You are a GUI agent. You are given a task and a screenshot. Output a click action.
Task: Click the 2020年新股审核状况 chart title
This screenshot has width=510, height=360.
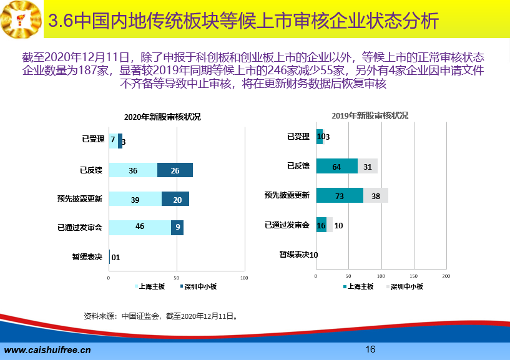tap(162, 117)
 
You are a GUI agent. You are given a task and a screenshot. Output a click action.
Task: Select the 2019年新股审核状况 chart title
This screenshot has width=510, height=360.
tap(370, 115)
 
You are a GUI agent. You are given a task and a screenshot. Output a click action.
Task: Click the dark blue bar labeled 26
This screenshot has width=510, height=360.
tap(175, 170)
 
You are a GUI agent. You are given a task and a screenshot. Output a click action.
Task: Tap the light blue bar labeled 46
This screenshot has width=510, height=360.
tap(140, 228)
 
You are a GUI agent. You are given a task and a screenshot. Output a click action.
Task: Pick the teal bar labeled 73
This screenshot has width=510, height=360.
tap(340, 195)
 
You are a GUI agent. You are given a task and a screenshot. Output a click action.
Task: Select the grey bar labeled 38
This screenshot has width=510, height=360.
tap(376, 195)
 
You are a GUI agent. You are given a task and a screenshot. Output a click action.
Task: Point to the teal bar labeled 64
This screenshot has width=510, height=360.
tap(337, 166)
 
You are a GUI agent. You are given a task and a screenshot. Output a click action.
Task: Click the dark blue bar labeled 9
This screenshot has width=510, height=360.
tap(177, 228)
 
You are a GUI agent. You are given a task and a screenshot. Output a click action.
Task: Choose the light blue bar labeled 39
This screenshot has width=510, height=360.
tap(135, 198)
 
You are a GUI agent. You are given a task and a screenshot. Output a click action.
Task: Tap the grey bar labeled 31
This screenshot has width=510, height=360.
tap(368, 166)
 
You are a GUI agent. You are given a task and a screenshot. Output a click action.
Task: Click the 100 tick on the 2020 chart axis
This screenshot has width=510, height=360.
tap(244, 278)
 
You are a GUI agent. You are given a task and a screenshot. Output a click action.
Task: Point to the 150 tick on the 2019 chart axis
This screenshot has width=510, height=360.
tap(413, 276)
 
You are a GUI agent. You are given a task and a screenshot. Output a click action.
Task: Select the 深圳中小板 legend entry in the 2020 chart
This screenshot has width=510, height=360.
tap(199, 286)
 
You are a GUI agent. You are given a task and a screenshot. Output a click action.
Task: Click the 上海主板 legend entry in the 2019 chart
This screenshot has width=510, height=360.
tap(358, 286)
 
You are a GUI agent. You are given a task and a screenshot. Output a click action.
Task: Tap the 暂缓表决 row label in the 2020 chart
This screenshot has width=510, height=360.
tap(87, 257)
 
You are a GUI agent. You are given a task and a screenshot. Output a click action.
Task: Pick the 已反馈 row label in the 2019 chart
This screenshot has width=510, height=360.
tap(298, 166)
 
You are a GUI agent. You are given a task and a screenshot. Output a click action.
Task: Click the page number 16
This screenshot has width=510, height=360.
tap(370, 349)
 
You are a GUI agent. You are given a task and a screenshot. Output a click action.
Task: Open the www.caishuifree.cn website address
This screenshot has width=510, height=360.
tap(47, 350)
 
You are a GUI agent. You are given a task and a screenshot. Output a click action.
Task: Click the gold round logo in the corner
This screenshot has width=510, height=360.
tap(21, 19)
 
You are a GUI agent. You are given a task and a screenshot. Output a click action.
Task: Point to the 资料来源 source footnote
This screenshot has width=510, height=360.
tap(161, 316)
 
